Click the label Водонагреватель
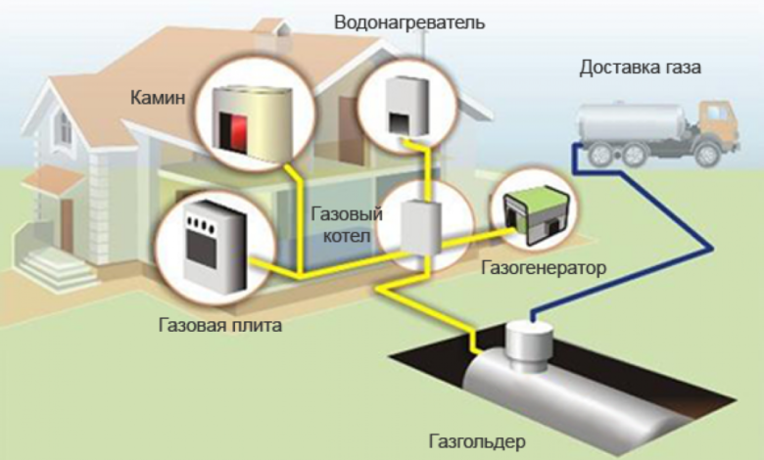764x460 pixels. tap(408, 22)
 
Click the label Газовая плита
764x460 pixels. tap(219, 325)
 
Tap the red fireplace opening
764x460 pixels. tap(239, 128)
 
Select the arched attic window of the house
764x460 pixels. tap(62, 125)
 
